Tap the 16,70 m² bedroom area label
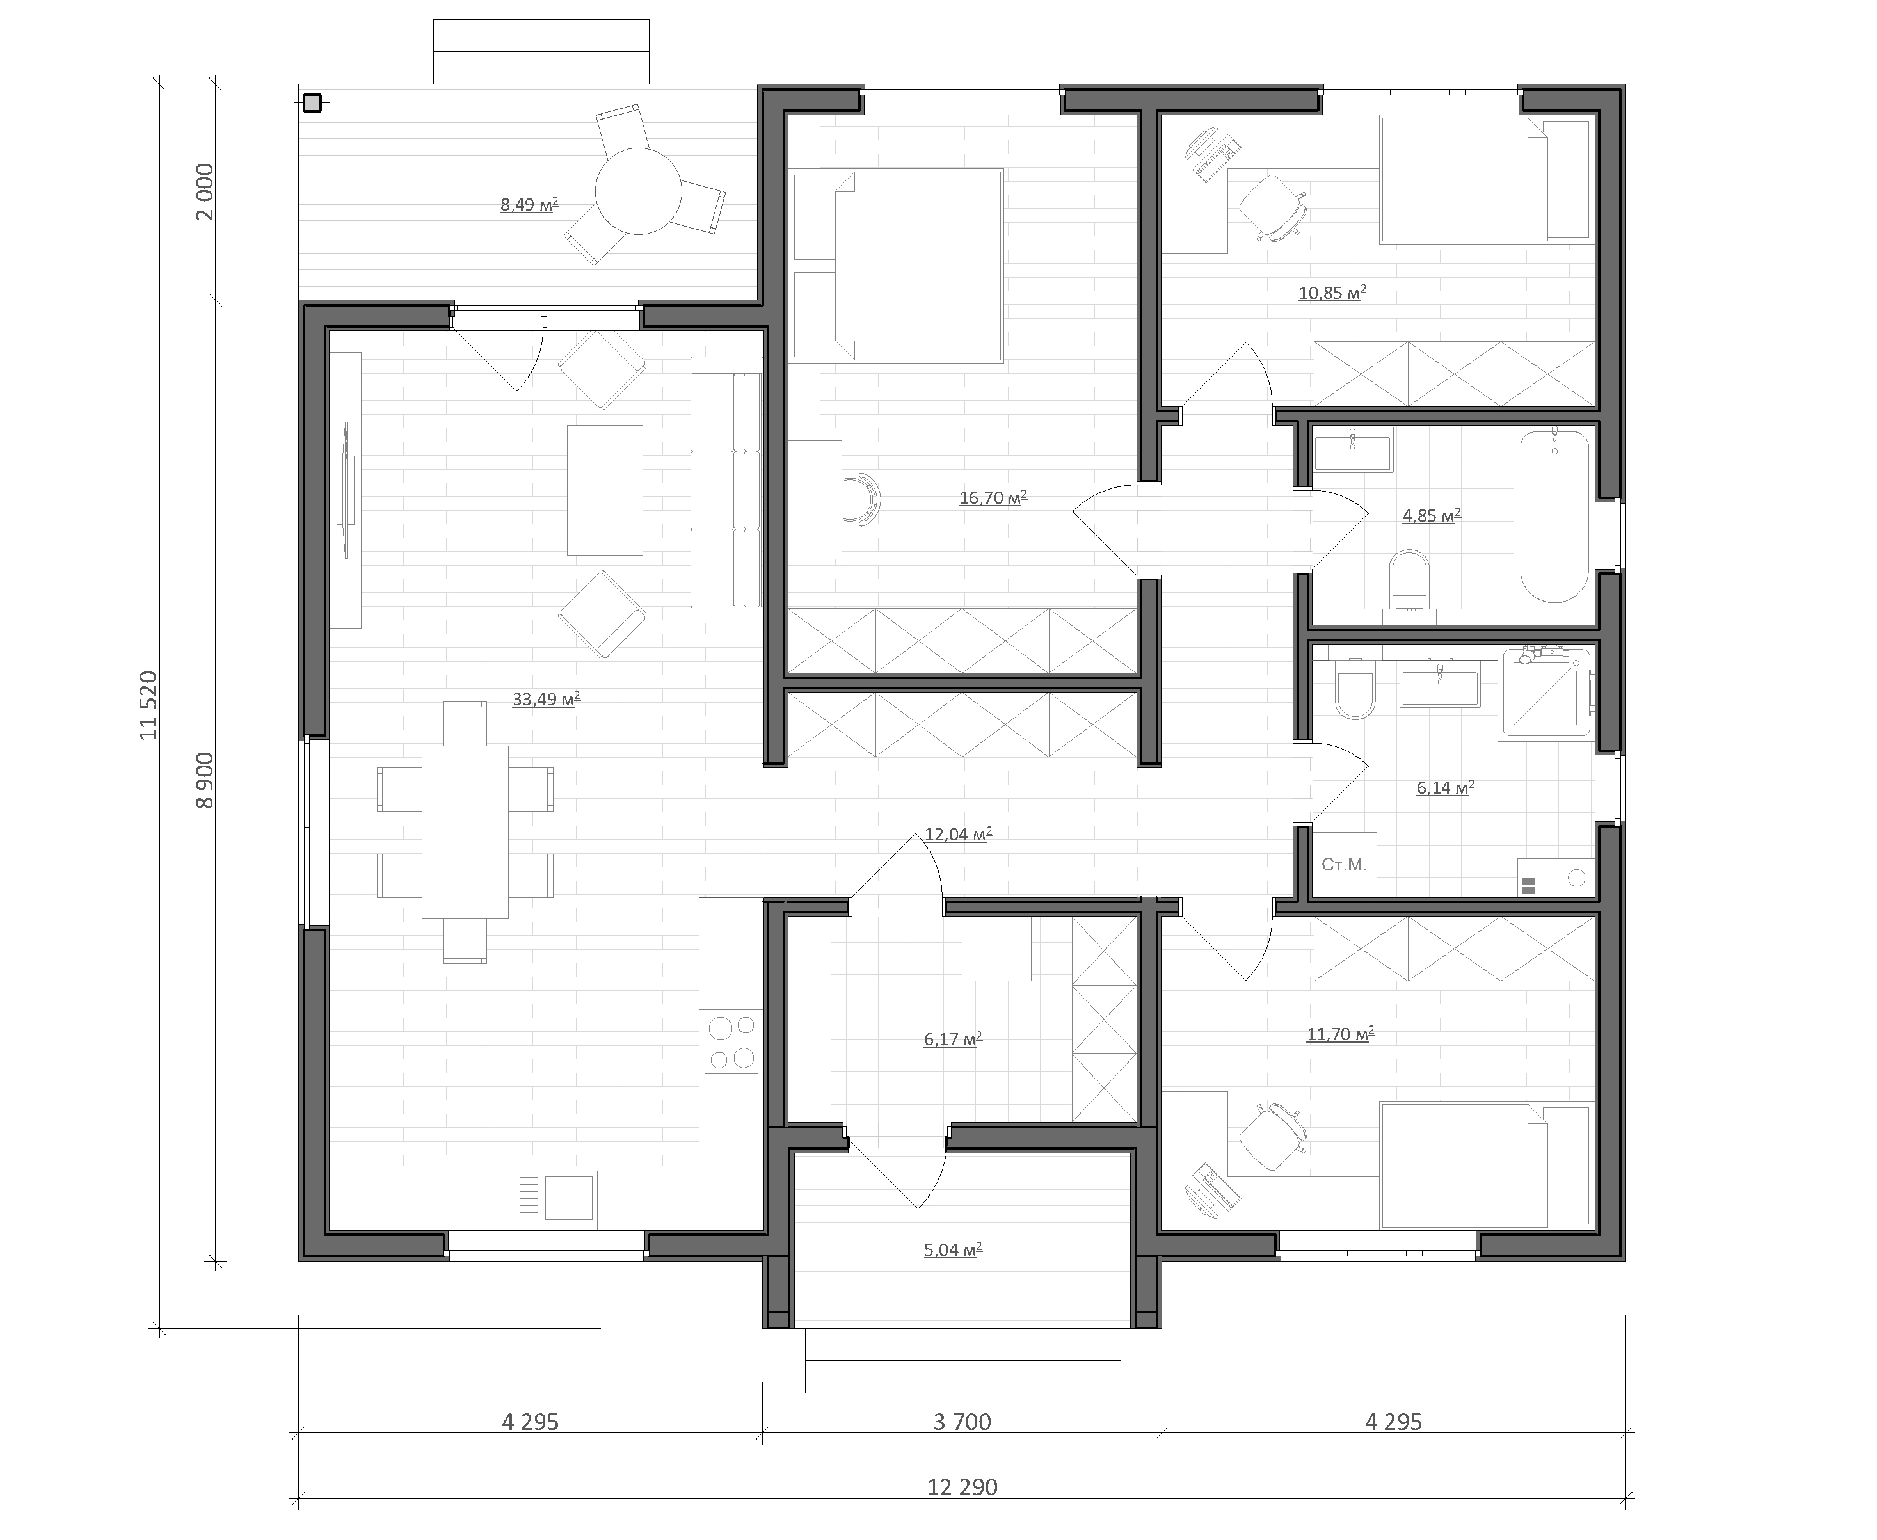(x=993, y=498)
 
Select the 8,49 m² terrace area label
(x=529, y=205)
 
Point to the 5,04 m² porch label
(x=953, y=1250)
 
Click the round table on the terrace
(x=638, y=191)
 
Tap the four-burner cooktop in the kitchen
(x=733, y=1042)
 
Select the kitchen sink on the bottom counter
(x=554, y=1199)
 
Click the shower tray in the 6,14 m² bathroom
(x=1544, y=693)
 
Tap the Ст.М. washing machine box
(x=1344, y=864)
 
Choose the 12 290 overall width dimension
(x=962, y=1487)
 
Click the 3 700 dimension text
(x=962, y=1422)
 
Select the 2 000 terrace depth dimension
(x=205, y=191)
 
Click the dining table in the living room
(x=465, y=831)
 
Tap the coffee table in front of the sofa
(x=605, y=490)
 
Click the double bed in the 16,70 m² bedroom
(x=919, y=266)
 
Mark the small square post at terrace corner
(x=312, y=103)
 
